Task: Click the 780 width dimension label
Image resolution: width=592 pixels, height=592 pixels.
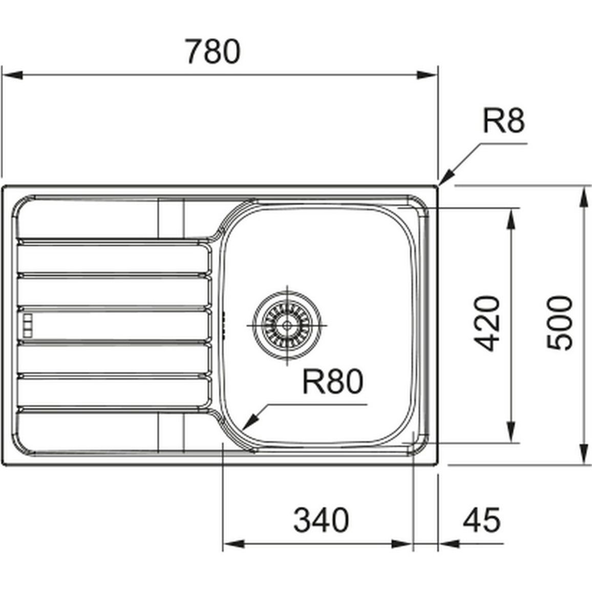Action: [213, 51]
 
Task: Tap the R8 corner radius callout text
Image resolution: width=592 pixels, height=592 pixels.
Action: [503, 121]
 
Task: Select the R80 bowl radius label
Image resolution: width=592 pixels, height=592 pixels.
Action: [333, 382]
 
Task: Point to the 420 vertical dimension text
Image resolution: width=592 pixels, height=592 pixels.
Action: [487, 324]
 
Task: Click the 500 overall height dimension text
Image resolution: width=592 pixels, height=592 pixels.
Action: [560, 324]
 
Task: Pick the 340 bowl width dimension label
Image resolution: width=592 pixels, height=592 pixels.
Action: [321, 520]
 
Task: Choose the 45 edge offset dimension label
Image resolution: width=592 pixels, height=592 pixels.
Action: [482, 520]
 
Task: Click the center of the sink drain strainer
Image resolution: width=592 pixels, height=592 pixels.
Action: [287, 325]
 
